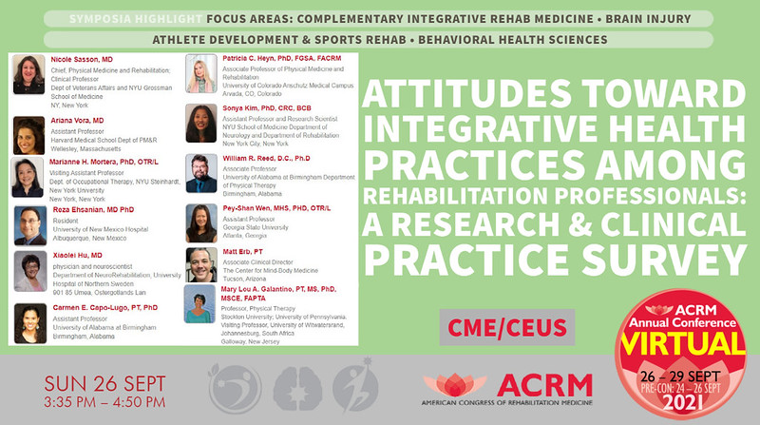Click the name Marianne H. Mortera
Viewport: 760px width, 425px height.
coord(85,163)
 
